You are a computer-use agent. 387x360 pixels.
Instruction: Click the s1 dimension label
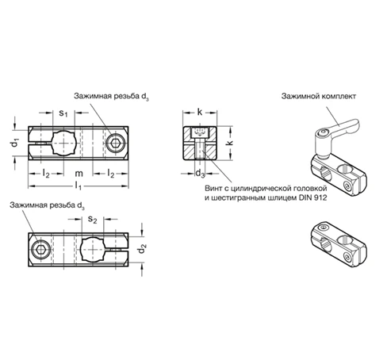point(63,113)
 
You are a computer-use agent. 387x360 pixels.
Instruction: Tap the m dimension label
point(79,174)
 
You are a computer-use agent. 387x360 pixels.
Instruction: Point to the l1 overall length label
point(79,186)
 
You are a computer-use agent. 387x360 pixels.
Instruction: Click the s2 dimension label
point(93,219)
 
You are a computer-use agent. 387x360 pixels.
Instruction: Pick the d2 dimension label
point(142,249)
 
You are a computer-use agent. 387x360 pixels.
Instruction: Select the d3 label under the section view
point(200,174)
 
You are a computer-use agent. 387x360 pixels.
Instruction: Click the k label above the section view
point(200,113)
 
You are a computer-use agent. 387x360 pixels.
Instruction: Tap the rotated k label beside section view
point(230,143)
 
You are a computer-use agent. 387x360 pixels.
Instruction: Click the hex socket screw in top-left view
point(115,144)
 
